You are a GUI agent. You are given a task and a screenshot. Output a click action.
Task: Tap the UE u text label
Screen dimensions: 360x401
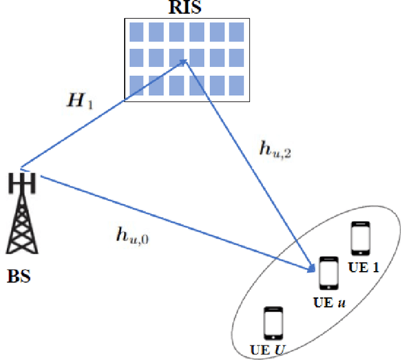[329, 302]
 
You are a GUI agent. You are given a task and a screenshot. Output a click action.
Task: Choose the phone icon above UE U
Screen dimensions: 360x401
[273, 322]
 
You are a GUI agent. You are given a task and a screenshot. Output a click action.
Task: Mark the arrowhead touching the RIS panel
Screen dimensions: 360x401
[184, 61]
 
